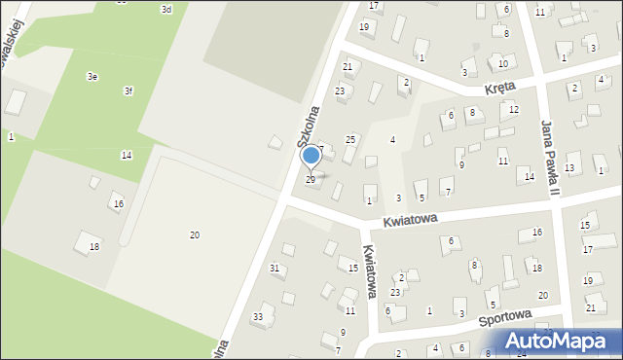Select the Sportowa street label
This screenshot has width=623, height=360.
coord(504,316)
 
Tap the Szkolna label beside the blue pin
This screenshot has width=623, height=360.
coord(310,126)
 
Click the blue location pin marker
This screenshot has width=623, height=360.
coord(311,156)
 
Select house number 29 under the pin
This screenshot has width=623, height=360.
coord(311,180)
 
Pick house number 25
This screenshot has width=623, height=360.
coord(350,141)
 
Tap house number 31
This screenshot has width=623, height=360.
coord(275,268)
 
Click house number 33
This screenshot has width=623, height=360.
coord(258,317)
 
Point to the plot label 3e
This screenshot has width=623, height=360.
coord(92,76)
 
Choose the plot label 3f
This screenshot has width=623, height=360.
coord(128,90)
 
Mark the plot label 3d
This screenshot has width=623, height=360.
coord(166,9)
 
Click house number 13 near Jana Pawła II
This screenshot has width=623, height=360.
coord(569,168)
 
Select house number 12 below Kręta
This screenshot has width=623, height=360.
coord(513,109)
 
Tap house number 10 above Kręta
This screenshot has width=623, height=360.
coord(502,63)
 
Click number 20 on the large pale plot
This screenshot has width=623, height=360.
coord(195,235)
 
